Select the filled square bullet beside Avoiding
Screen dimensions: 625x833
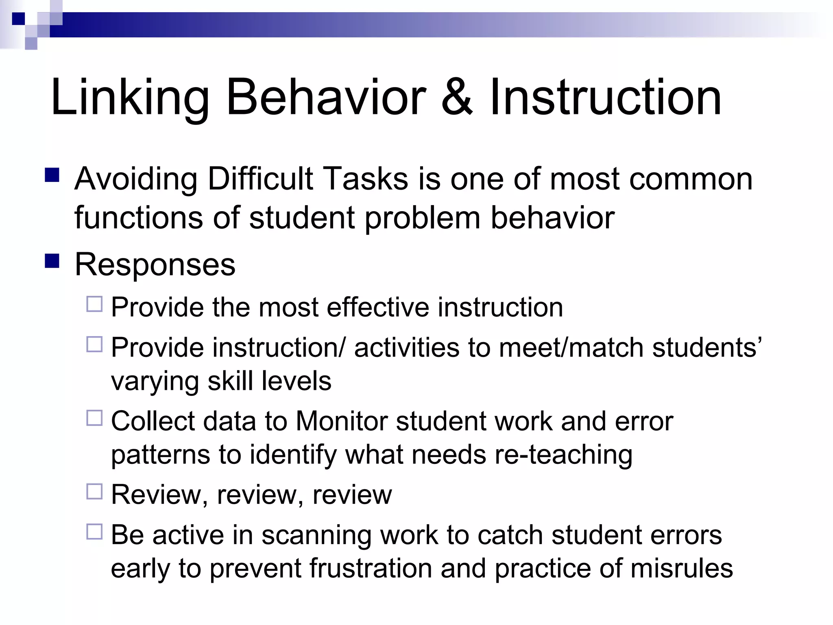pos(52,175)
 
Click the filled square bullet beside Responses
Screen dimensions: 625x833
pos(52,261)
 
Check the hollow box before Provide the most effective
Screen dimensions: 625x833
pos(94,304)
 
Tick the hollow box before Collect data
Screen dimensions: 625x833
pos(94,418)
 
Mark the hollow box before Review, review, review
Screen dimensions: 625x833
pos(94,492)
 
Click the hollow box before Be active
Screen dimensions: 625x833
pos(94,532)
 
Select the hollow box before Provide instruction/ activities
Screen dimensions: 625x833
pos(94,345)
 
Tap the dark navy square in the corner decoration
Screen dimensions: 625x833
pos(18,19)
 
